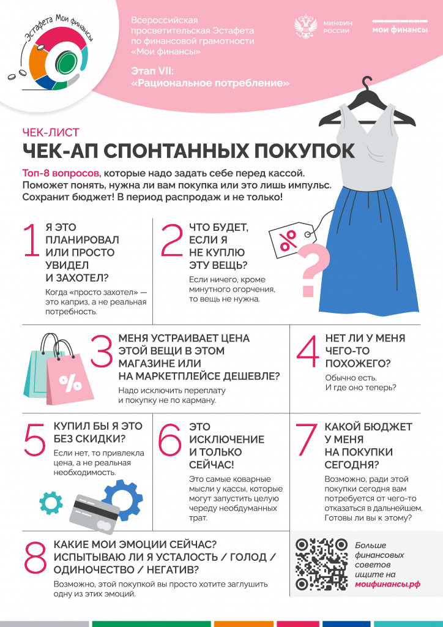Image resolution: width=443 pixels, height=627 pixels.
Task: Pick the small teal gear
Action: pos(51,503)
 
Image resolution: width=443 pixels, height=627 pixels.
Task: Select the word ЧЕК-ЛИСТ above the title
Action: pos(51,132)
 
